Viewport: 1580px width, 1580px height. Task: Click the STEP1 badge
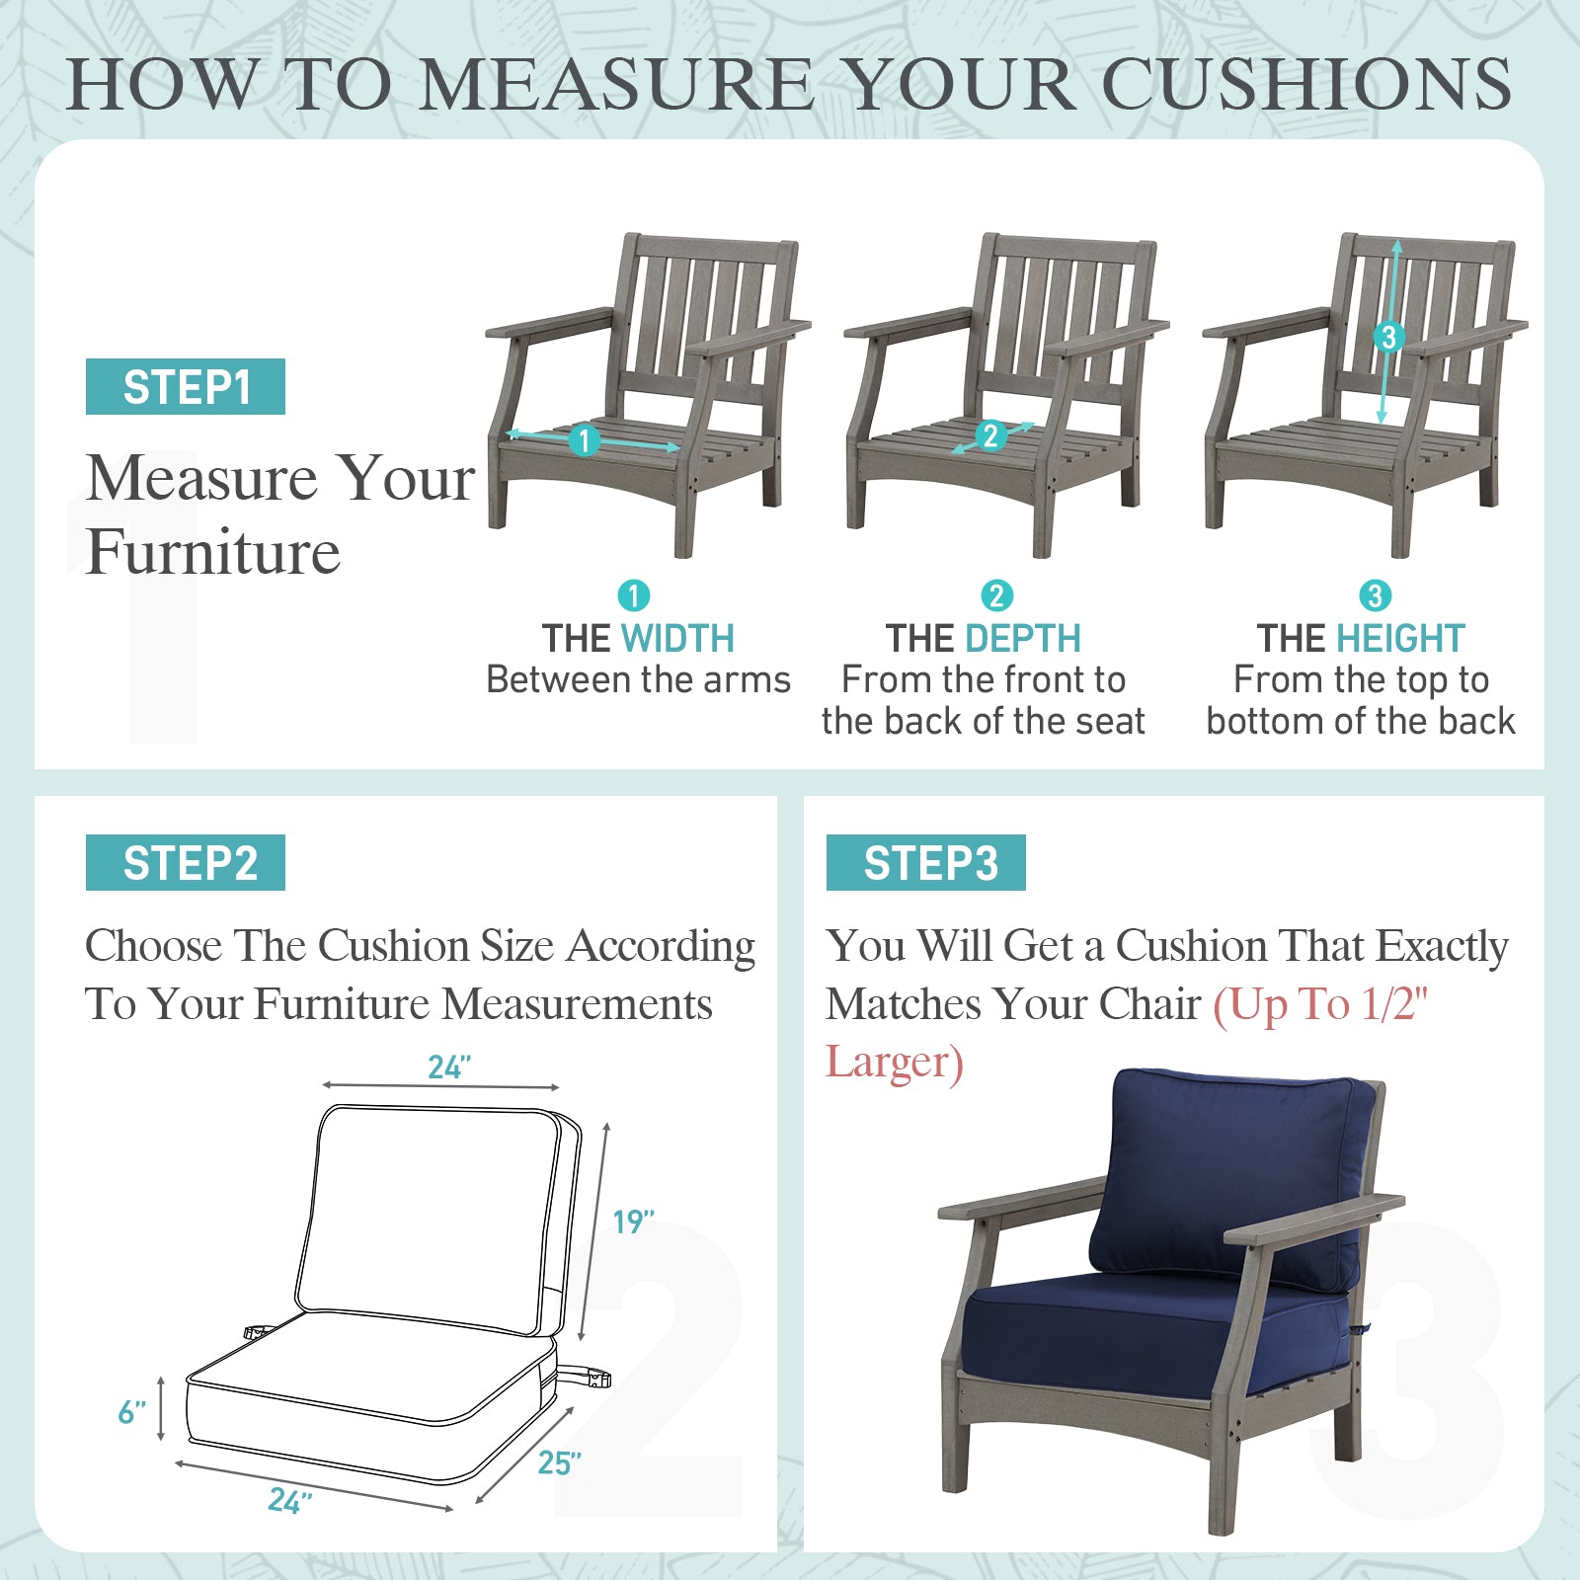[x=186, y=386]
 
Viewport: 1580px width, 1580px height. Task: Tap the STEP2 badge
[x=186, y=862]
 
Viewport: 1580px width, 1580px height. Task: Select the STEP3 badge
[x=926, y=862]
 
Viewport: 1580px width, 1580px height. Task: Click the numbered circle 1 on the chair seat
[x=585, y=440]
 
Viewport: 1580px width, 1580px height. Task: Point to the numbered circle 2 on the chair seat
[x=990, y=435]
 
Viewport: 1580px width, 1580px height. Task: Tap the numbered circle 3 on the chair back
[x=1388, y=337]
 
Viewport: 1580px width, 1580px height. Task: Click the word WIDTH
[x=677, y=639]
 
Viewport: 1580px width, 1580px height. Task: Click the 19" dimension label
[x=633, y=1222]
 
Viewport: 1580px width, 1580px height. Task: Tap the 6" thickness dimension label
[x=131, y=1412]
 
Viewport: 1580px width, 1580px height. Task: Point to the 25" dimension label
[x=559, y=1462]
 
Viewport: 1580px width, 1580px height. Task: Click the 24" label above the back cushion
[x=449, y=1066]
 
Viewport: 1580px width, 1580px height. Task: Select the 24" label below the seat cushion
[x=289, y=1501]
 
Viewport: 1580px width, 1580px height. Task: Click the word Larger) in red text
[x=895, y=1063]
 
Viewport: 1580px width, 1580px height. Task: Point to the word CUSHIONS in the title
[x=1305, y=84]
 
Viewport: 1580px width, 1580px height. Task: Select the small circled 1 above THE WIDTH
[x=634, y=595]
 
